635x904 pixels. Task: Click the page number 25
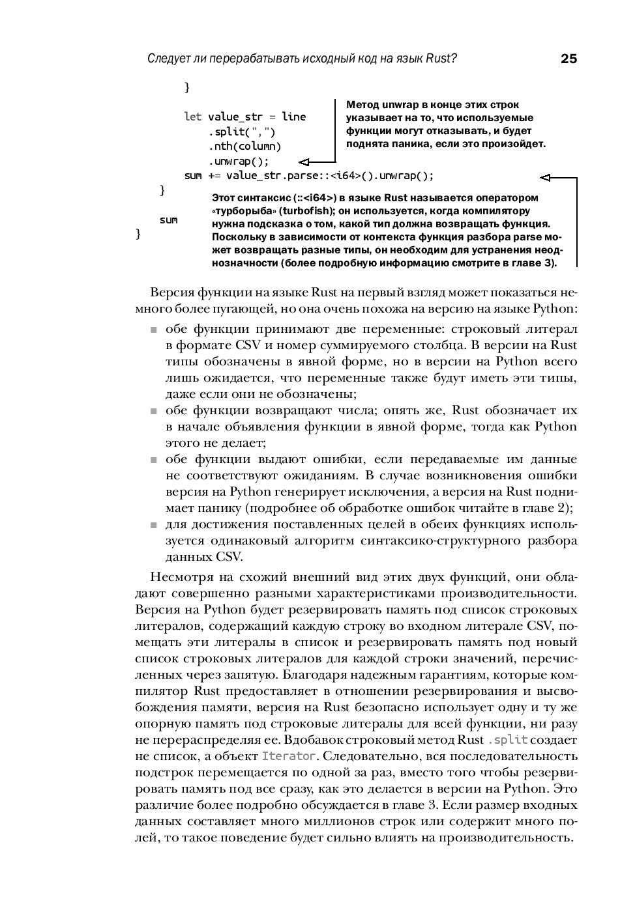(x=569, y=59)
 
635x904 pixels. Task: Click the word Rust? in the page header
(x=441, y=59)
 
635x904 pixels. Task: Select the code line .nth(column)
(x=244, y=147)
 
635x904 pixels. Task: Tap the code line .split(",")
(x=242, y=132)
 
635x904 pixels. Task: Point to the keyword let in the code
(x=192, y=117)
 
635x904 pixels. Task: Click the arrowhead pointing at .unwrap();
(x=304, y=161)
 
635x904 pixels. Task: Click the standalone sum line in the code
(x=168, y=220)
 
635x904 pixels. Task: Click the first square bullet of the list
(x=154, y=330)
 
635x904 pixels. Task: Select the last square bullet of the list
(x=154, y=526)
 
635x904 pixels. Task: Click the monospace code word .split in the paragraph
(x=507, y=740)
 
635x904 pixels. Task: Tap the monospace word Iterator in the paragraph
(x=289, y=756)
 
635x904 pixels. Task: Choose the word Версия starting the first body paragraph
(x=171, y=292)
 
